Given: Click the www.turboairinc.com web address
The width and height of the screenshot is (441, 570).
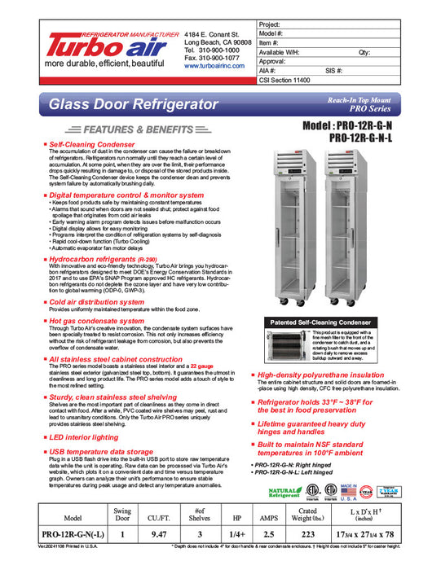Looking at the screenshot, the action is (214, 67).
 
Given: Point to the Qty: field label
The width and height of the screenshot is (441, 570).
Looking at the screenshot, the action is (364, 51).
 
